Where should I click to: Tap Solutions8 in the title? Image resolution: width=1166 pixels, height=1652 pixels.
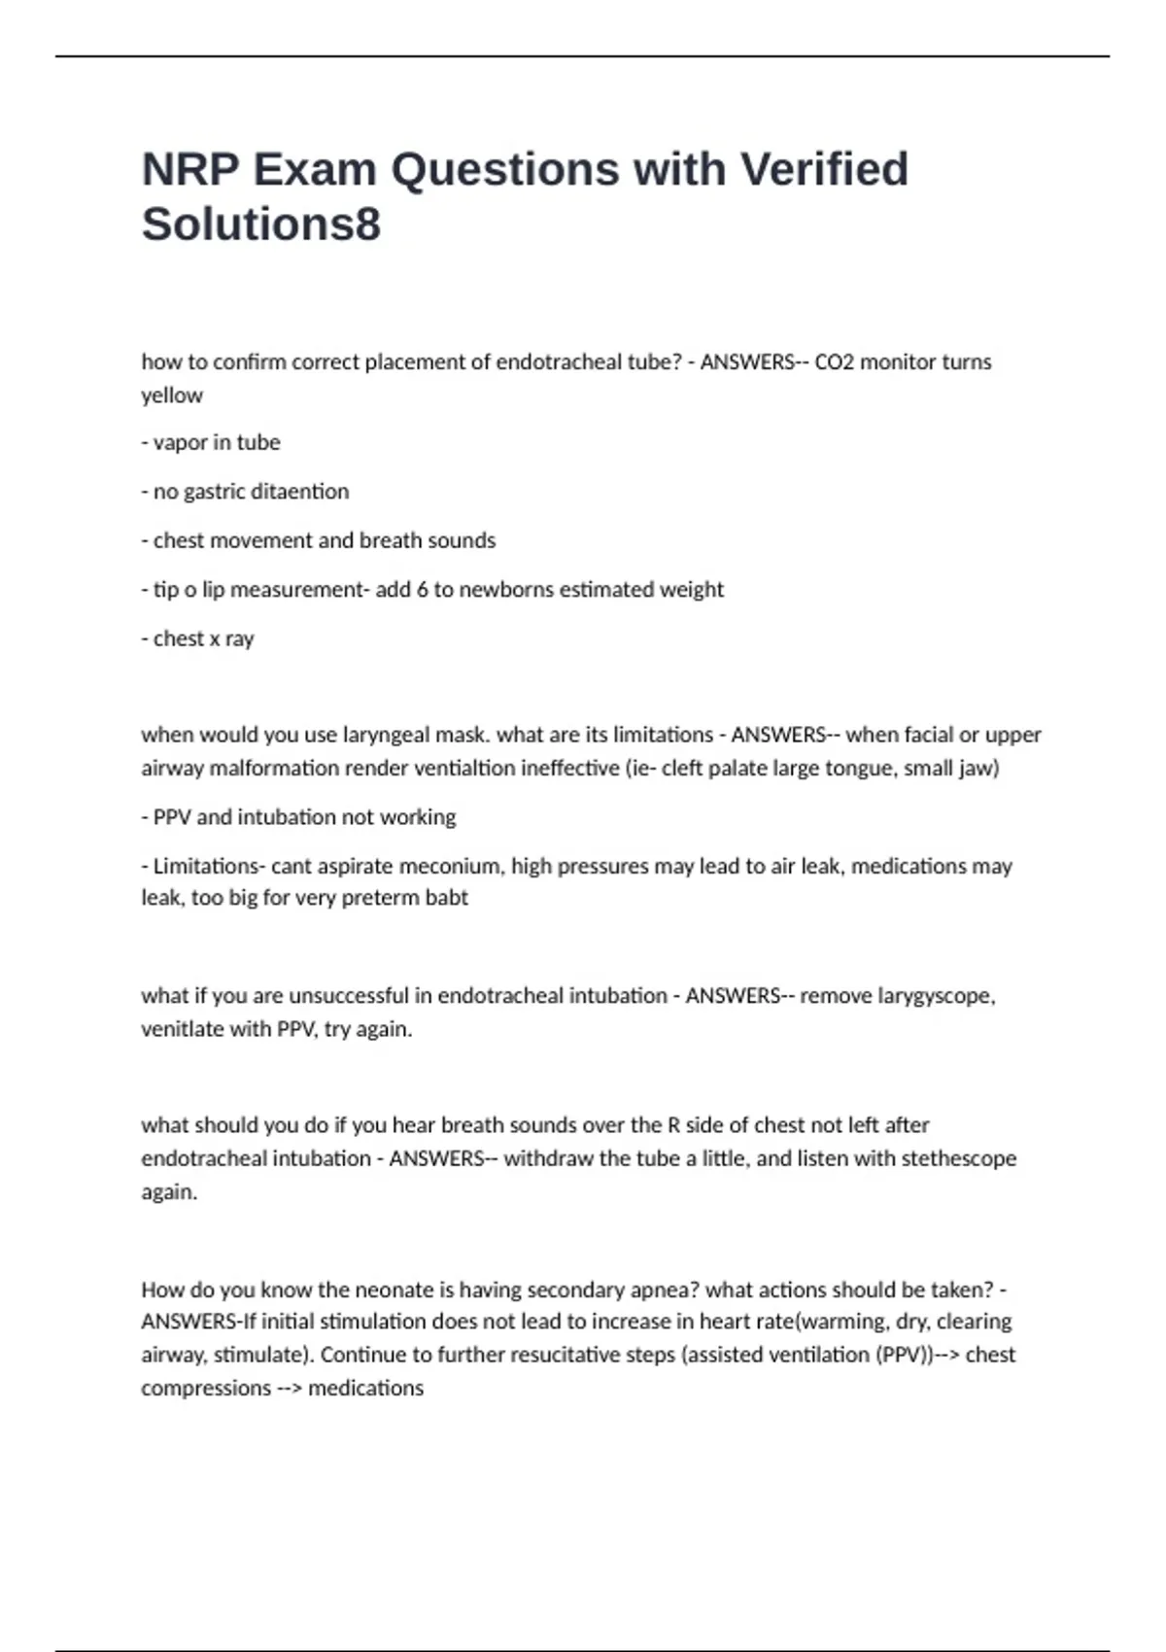pos(260,224)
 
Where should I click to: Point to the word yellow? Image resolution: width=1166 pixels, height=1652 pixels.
pos(172,396)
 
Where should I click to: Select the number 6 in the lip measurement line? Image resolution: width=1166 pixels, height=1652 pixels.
pos(422,589)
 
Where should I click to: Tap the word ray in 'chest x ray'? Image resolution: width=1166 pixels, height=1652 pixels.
pos(240,639)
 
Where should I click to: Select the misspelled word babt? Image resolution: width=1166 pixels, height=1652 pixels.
pos(446,898)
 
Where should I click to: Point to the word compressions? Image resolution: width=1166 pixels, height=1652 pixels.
pos(206,1388)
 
